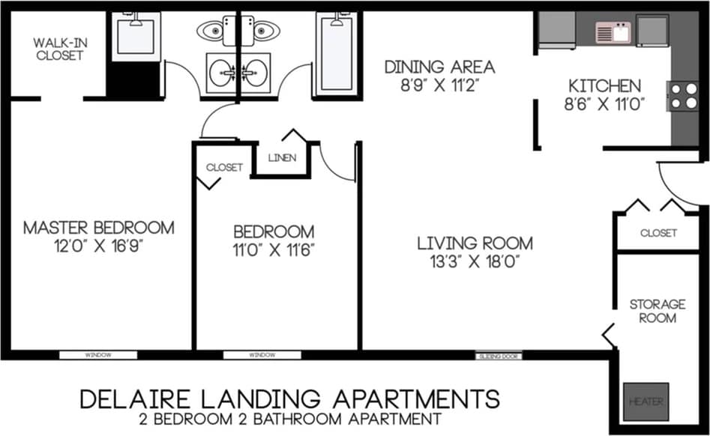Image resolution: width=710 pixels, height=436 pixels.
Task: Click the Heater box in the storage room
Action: click(x=646, y=401)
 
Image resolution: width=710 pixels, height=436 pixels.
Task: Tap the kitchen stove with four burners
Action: click(x=683, y=96)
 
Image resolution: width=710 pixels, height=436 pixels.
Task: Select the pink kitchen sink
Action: click(x=613, y=32)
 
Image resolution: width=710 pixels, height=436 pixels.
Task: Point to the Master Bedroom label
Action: click(x=98, y=227)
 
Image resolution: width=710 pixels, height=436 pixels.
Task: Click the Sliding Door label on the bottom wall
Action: click(x=499, y=356)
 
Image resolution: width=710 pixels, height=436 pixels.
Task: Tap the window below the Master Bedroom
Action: click(x=97, y=355)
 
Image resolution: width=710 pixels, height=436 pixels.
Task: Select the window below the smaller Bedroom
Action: click(x=262, y=355)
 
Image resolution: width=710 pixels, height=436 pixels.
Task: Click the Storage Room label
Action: click(x=658, y=311)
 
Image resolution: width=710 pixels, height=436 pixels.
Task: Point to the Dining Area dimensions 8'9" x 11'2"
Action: click(x=440, y=84)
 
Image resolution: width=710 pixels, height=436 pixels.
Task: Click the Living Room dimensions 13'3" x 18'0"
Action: click(x=475, y=261)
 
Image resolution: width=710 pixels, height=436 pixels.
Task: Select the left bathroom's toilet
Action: click(x=215, y=31)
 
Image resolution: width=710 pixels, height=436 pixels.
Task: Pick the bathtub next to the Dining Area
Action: click(x=334, y=54)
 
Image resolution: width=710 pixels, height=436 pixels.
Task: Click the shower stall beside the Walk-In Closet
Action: click(x=136, y=36)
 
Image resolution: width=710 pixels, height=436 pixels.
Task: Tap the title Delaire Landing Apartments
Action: click(x=289, y=398)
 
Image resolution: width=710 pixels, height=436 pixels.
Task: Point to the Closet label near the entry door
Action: click(x=658, y=233)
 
